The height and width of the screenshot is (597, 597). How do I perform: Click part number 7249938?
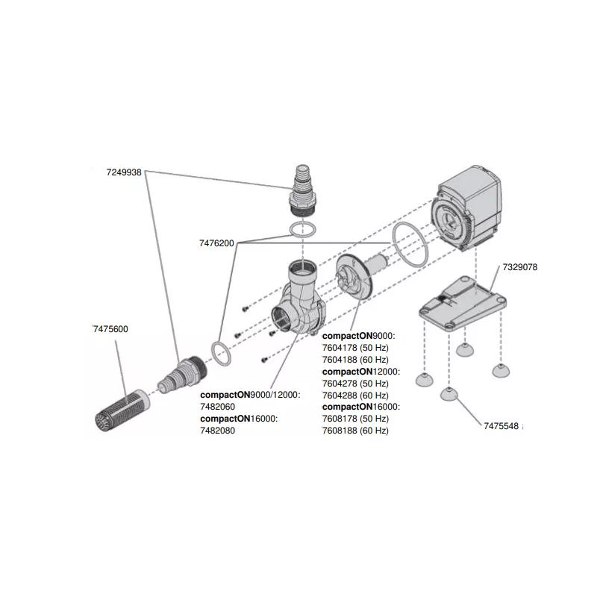(x=124, y=171)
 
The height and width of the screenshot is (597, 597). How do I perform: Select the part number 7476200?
(x=217, y=243)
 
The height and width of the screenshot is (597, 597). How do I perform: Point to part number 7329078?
(x=520, y=266)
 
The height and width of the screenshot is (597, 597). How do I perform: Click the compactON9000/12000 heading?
(x=250, y=396)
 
